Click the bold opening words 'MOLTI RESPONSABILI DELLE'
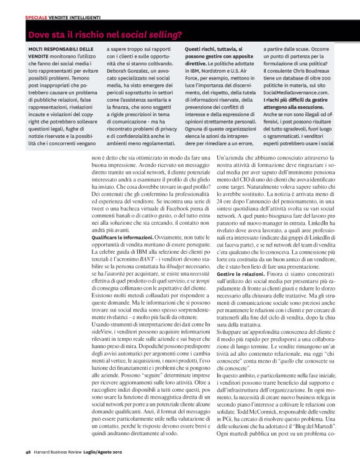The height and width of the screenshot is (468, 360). (61, 48)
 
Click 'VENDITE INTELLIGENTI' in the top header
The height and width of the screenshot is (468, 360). (78, 17)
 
